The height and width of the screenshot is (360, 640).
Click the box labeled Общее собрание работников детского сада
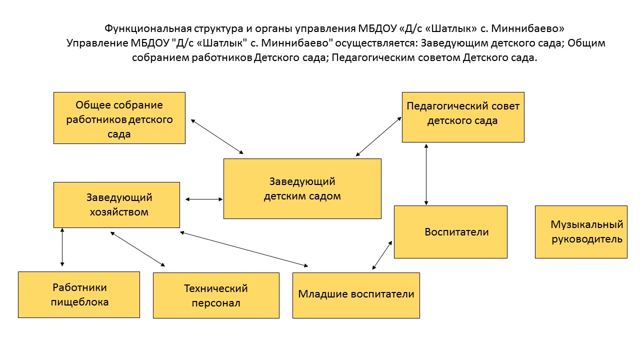[119, 118]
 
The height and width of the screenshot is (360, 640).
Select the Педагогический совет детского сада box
[463, 116]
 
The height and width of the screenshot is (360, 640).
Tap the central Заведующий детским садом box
[302, 188]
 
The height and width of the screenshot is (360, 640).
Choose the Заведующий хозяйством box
[116, 204]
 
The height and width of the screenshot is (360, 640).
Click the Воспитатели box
[450, 231]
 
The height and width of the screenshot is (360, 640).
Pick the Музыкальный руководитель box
[580, 231]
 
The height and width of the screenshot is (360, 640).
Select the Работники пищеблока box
[79, 294]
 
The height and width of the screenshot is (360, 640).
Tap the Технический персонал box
[216, 295]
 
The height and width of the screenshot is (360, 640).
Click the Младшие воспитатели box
[356, 295]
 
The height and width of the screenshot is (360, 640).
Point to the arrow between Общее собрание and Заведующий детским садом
[217, 136]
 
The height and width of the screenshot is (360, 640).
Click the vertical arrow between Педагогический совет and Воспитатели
[426, 174]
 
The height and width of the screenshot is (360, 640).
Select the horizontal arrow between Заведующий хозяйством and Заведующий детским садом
[204, 199]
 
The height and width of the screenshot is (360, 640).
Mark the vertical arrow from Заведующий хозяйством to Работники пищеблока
[62, 246]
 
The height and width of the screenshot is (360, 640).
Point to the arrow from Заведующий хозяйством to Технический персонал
[137, 248]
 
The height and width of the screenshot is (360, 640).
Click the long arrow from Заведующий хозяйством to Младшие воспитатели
[244, 248]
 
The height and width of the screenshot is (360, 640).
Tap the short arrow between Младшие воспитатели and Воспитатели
[382, 255]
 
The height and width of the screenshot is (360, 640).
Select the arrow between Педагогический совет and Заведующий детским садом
[379, 136]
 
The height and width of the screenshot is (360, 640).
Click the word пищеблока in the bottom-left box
[79, 302]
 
